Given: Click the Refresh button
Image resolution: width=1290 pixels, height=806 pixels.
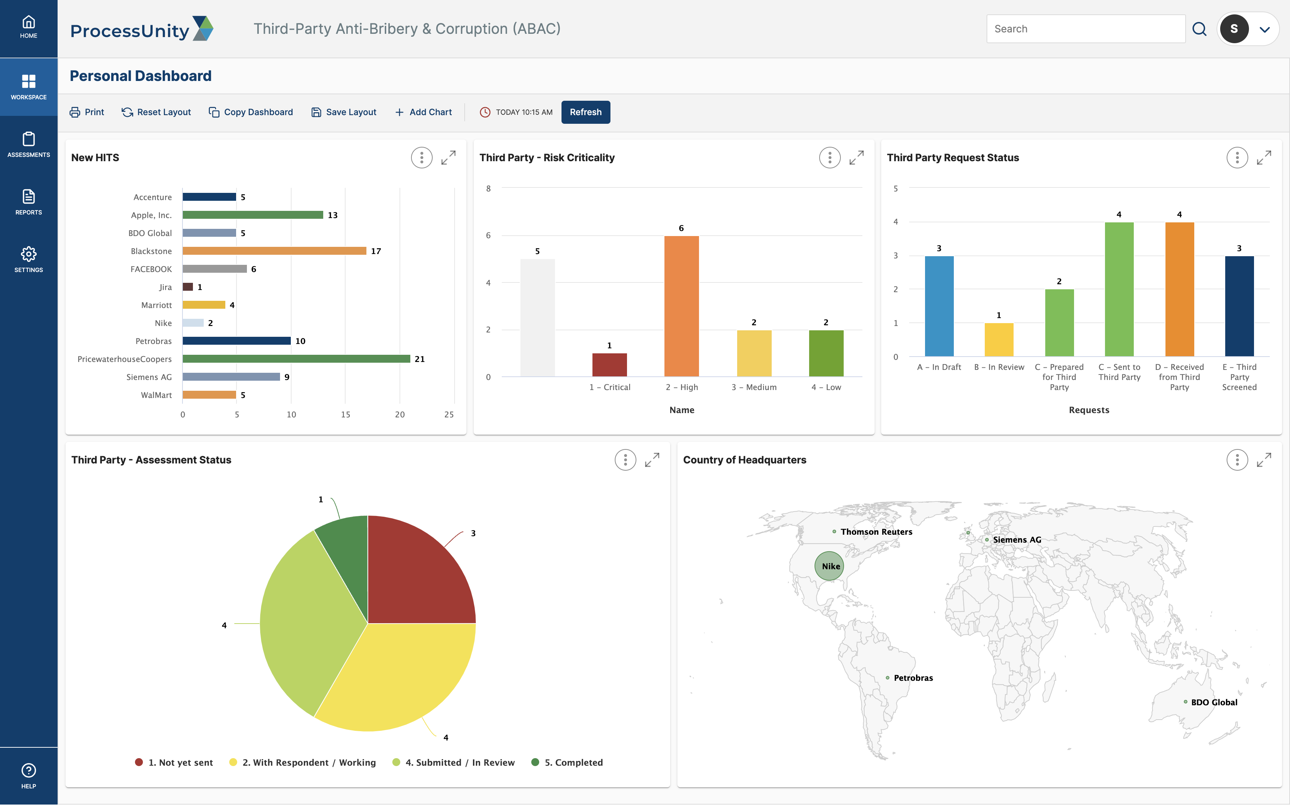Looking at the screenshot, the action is [585, 112].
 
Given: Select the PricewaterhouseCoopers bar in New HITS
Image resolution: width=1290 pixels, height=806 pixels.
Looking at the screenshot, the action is [296, 359].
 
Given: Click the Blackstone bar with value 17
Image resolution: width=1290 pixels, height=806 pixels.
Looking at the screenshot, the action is [275, 250].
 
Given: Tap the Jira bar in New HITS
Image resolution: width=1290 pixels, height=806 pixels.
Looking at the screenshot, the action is [188, 287].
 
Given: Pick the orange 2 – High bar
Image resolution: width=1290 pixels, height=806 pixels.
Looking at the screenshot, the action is [681, 306].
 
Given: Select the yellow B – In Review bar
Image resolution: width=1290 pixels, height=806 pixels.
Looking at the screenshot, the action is [998, 340].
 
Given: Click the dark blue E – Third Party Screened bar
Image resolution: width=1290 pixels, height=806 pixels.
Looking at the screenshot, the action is [1239, 306].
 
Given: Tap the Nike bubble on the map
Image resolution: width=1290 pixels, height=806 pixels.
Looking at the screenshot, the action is [829, 566].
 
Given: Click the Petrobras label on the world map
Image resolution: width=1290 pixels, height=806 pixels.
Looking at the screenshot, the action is [913, 678].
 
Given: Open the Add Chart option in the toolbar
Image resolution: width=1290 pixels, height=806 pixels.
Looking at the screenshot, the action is [423, 112].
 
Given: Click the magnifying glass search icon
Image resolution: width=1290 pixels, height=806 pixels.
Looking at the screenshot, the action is [1199, 29].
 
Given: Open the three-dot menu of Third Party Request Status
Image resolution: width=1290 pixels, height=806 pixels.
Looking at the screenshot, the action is [1237, 158].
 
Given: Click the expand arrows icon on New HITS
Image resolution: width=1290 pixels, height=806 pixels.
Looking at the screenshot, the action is [448, 158].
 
